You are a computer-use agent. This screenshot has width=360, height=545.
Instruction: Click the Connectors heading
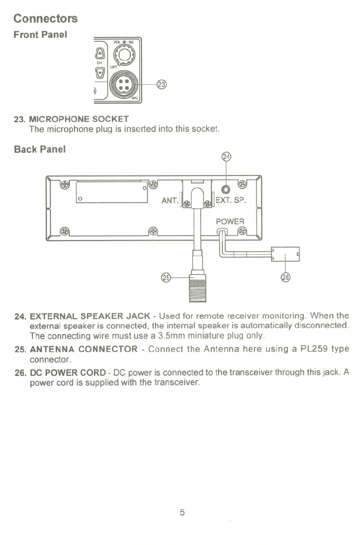click(46, 18)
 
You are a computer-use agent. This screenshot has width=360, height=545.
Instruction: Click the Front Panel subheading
click(40, 35)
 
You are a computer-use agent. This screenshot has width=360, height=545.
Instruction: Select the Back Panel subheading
click(40, 149)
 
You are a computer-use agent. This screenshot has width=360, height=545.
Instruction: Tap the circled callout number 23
click(161, 84)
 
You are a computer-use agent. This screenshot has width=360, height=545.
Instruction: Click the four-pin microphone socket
click(123, 84)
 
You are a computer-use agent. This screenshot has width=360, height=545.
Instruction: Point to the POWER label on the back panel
click(230, 221)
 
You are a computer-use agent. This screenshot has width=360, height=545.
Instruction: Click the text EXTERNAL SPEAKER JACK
click(90, 317)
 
